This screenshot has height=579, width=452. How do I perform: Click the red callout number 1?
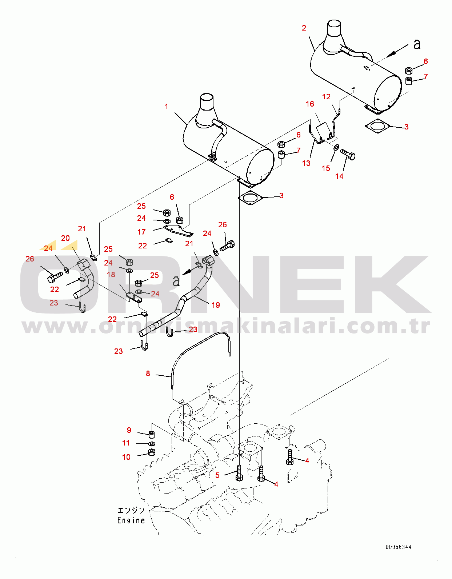point(167,107)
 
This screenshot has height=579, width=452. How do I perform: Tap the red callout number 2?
point(304,28)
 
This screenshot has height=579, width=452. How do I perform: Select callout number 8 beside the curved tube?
point(148,374)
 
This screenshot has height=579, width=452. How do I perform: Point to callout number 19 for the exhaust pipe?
point(216,305)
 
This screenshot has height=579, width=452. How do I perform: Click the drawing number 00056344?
point(399,547)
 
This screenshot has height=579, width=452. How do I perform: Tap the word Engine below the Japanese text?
point(131,520)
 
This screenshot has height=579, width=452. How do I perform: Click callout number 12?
point(326,97)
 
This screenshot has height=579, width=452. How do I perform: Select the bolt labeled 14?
point(348,154)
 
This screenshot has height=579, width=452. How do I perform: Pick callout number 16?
point(310,104)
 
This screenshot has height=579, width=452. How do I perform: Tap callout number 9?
point(129,430)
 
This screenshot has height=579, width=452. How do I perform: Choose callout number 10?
point(126,457)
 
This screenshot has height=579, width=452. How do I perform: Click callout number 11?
point(126,443)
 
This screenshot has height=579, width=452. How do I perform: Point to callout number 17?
point(141,232)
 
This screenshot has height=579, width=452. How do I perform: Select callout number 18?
point(111,275)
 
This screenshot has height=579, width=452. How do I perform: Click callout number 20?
point(65,238)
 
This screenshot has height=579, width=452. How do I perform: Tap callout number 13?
point(306,163)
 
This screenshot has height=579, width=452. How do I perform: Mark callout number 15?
point(326,168)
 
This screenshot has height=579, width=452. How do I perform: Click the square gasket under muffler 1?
point(250,198)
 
